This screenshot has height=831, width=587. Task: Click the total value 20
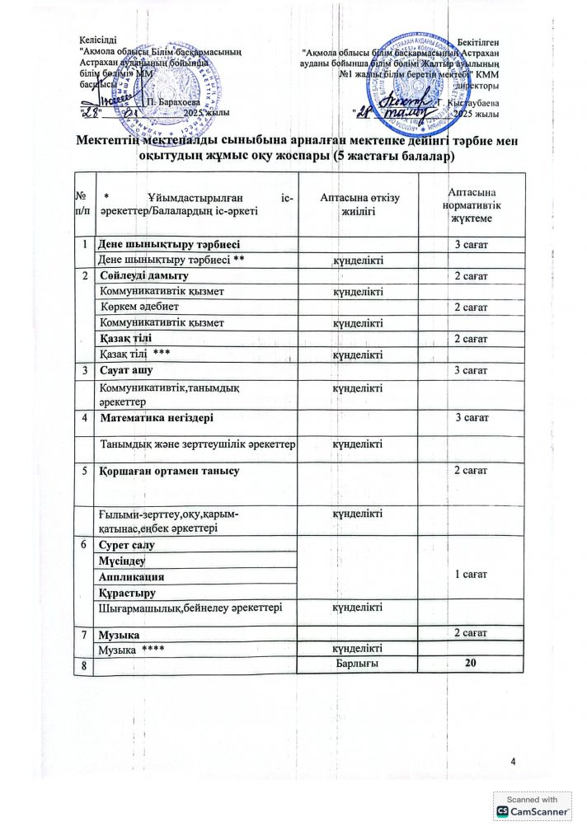(471, 665)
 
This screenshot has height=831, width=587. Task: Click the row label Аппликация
(131, 576)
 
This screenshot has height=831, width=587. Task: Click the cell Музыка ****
(130, 650)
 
